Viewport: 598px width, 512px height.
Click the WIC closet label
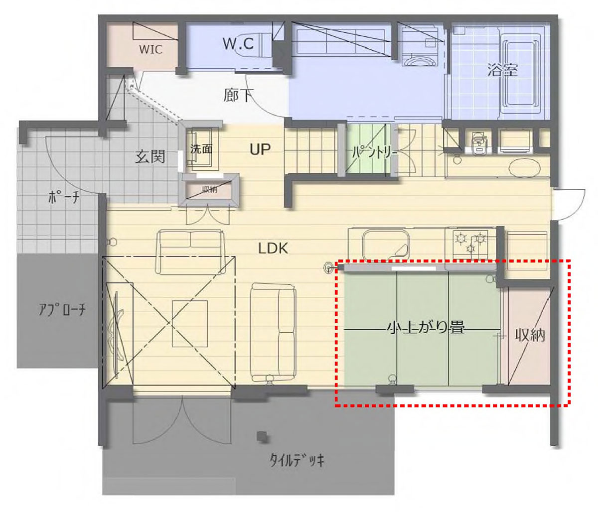(x=150, y=49)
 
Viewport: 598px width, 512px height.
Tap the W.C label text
(x=238, y=43)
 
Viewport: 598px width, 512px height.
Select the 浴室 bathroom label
(x=502, y=70)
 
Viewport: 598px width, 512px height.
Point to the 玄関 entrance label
(x=150, y=156)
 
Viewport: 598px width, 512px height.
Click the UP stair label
(x=260, y=149)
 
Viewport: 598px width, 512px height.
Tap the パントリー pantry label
(x=375, y=152)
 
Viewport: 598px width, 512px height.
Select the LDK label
(x=273, y=249)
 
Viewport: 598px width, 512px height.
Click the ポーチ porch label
(x=64, y=198)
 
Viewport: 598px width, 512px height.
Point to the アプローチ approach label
(x=62, y=310)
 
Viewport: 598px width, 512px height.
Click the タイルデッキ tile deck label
(x=297, y=460)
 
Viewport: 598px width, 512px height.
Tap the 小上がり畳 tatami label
(x=426, y=328)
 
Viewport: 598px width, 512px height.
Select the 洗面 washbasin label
(x=201, y=149)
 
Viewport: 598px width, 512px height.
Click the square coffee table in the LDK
(x=190, y=324)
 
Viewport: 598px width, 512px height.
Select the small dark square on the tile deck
(x=262, y=436)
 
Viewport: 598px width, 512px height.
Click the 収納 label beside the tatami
(x=530, y=335)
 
